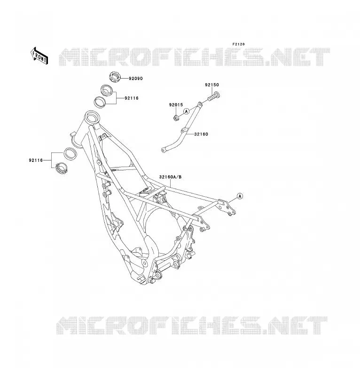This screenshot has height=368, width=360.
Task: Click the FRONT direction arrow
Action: (39, 56)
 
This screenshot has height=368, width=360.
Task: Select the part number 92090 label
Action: (136, 79)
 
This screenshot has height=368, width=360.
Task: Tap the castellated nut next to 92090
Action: (115, 77)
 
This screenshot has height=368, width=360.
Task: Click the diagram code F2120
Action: (239, 44)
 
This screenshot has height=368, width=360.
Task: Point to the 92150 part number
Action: (212, 85)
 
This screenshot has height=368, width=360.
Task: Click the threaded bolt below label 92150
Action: (214, 96)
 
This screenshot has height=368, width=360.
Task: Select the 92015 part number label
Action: (176, 105)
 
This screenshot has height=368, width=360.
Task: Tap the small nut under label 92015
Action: (176, 118)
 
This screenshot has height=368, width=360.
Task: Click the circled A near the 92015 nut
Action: (186, 111)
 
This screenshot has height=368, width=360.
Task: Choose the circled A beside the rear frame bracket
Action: (240, 196)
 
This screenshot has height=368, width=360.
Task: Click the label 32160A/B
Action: (170, 177)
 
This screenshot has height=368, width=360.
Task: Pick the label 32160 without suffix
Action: (201, 134)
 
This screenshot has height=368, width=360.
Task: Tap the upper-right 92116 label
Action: (132, 98)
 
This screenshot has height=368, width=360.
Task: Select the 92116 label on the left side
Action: (36, 160)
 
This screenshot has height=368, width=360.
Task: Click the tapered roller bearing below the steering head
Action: (62, 168)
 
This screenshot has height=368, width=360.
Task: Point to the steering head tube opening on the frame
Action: (91, 117)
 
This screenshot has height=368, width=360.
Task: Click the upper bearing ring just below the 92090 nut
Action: (107, 90)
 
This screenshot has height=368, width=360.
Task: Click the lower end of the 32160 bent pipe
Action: (164, 150)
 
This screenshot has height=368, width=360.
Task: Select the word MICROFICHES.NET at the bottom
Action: (192, 325)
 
